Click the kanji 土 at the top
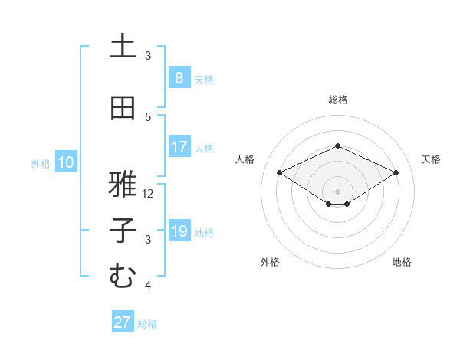tap(123, 47)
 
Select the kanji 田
tap(123, 108)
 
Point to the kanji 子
tap(123, 231)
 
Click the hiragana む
tap(123, 277)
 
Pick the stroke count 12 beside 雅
tap(149, 193)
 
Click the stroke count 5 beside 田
tap(148, 116)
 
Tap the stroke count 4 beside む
tap(148, 286)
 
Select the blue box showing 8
tap(179, 78)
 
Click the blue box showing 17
tap(179, 147)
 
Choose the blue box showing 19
tap(179, 231)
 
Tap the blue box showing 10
tap(66, 162)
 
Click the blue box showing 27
tap(123, 322)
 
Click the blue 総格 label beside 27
tap(148, 324)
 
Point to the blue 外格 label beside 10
tap(41, 163)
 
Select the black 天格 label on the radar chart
tap(431, 159)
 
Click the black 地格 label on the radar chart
tap(402, 262)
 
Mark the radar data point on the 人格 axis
tap(280, 172)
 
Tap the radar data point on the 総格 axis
tap(337, 145)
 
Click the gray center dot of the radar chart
tap(337, 191)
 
